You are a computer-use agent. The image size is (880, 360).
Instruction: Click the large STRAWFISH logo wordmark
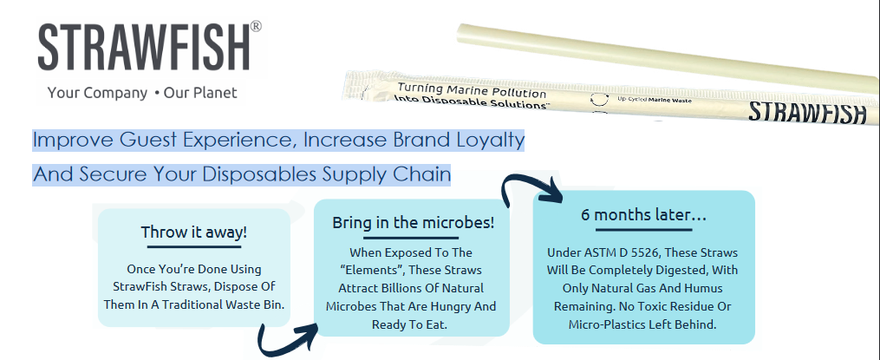point(144,47)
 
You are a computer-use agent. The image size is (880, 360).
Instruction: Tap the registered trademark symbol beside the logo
point(256,26)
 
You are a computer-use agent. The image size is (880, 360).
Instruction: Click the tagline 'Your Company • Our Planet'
point(142,93)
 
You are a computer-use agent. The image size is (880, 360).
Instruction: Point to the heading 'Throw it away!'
point(193,232)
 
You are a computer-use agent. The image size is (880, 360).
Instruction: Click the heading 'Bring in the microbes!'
point(413,222)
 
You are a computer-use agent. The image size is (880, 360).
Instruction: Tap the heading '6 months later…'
point(643,214)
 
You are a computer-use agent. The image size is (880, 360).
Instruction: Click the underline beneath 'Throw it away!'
point(193,246)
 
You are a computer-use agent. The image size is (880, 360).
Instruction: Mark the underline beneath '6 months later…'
point(643,229)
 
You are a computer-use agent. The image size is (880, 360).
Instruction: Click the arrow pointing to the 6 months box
point(532,188)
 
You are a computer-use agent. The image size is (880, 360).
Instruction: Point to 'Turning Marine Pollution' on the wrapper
point(472,90)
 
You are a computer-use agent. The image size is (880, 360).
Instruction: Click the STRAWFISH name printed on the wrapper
point(807,112)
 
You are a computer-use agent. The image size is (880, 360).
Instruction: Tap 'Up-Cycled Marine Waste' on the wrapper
point(654,100)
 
